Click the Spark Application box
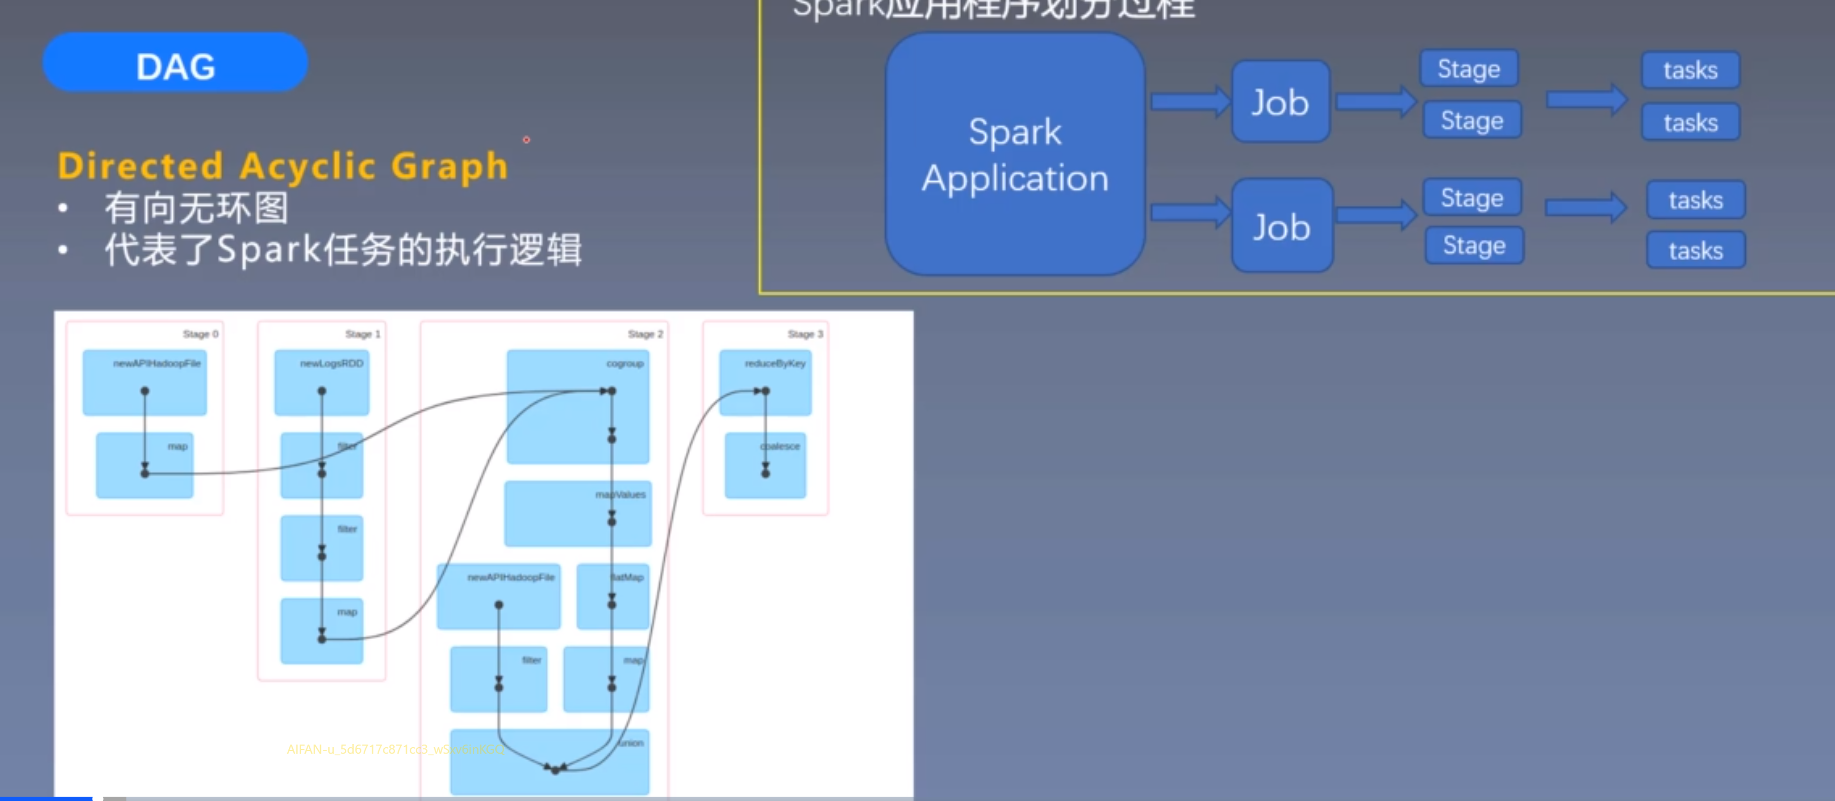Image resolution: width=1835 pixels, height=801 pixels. coord(1014,154)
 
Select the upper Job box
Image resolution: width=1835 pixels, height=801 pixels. coord(1280,102)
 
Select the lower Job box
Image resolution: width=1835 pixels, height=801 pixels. coord(1282,226)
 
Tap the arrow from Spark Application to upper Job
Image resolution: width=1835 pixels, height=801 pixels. coord(1188,102)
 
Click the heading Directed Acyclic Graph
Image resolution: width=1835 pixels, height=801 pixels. coord(283,166)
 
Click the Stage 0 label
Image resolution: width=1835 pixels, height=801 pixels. coord(200,334)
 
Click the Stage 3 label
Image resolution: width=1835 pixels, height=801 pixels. coord(805,334)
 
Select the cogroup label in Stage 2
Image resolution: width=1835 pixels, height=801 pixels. coord(625,363)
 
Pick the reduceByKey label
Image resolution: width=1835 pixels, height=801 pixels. coord(775,363)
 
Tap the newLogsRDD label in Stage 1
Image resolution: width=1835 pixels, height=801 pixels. coord(331,363)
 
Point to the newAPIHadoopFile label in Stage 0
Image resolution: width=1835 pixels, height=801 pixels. coord(157,363)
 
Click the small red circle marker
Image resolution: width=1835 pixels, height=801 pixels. coord(527,140)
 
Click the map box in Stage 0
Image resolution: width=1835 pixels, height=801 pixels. coord(145,466)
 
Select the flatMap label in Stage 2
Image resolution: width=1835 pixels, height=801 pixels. coord(627,577)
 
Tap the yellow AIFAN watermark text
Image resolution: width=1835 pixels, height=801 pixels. coord(395,749)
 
